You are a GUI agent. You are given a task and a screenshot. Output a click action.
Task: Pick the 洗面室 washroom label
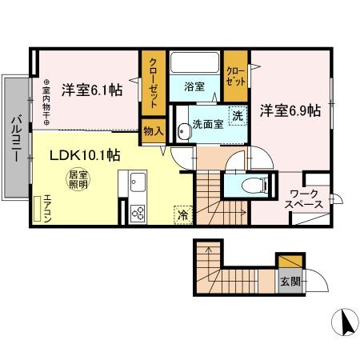click(x=206, y=125)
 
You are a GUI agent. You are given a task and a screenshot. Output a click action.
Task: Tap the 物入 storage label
click(x=152, y=130)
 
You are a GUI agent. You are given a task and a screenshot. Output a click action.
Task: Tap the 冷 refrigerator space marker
click(x=182, y=214)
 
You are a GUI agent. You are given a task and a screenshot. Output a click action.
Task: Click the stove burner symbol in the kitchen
click(x=137, y=213)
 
